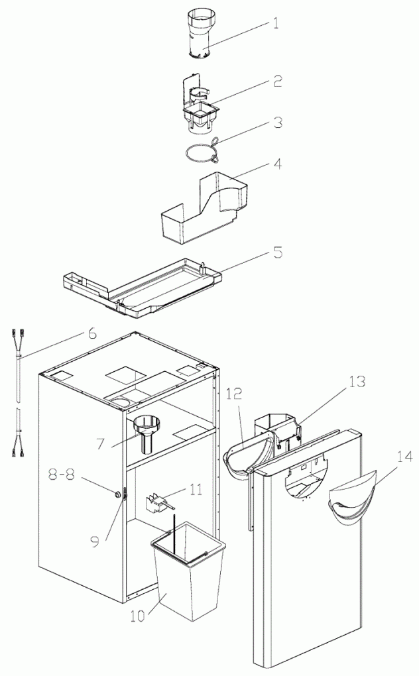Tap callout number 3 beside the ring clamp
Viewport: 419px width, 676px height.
point(278,123)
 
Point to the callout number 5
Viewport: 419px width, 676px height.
point(278,253)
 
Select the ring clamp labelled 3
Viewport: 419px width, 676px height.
point(200,154)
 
